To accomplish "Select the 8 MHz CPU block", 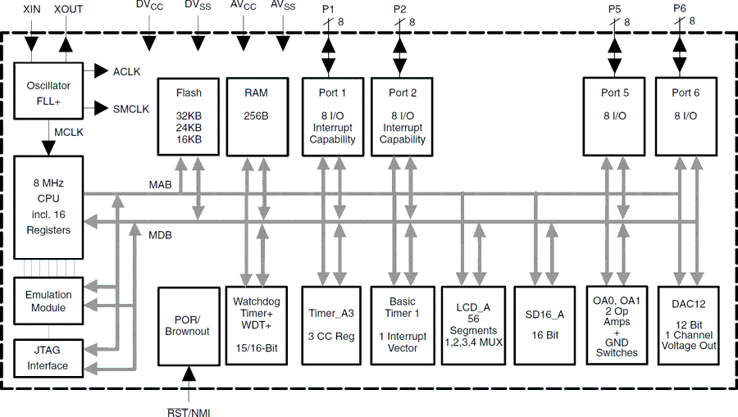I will [x=48, y=205].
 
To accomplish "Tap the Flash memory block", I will [x=188, y=116].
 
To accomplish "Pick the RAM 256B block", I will [x=256, y=116].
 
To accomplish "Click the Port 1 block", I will [x=332, y=116].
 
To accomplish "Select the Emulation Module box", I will [x=48, y=301].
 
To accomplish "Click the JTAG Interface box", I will [x=48, y=358].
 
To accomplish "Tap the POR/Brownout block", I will [x=188, y=325].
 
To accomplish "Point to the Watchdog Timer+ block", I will [x=256, y=325].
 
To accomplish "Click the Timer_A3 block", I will [x=332, y=325].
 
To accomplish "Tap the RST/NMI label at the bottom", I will [x=189, y=411].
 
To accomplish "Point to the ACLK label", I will [x=126, y=71].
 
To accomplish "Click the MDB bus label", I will [x=160, y=234].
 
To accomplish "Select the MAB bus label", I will [x=160, y=185].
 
